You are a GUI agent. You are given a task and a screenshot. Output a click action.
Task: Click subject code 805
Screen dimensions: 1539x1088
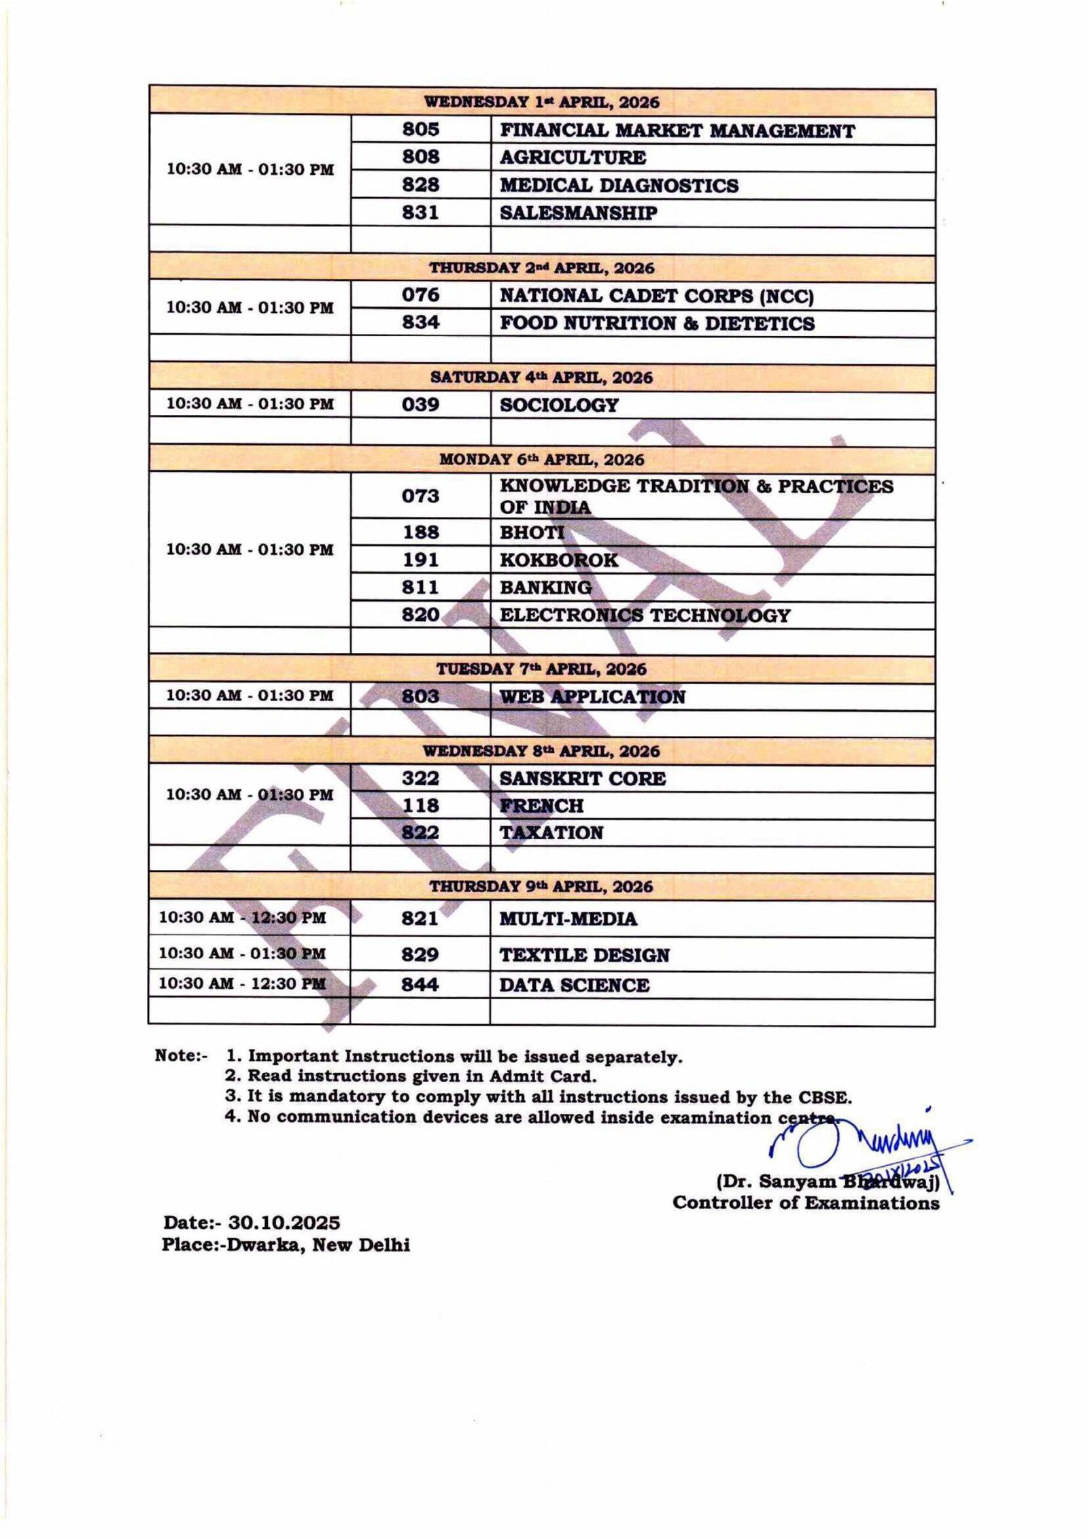pos(420,129)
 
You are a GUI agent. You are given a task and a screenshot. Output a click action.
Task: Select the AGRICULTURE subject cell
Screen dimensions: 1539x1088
pos(573,157)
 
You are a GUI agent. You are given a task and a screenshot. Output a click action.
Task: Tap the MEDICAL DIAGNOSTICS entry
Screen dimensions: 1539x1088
pos(619,185)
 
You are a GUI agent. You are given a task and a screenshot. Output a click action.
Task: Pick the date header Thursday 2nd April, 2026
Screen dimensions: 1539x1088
pos(541,267)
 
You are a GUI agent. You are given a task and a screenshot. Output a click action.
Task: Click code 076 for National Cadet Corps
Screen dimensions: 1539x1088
pos(420,295)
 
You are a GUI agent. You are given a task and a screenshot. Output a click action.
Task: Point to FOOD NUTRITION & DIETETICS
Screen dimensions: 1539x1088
pos(656,323)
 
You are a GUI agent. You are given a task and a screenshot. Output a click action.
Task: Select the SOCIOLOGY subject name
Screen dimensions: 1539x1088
pos(559,405)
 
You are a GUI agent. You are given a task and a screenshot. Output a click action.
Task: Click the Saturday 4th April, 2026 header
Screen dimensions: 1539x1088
pos(541,377)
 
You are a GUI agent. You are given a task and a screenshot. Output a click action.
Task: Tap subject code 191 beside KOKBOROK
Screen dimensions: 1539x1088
pos(420,560)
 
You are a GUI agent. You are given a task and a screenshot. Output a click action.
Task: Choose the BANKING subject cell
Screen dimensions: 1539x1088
pos(545,587)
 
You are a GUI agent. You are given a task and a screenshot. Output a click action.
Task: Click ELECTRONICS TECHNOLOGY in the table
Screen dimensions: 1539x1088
pos(645,615)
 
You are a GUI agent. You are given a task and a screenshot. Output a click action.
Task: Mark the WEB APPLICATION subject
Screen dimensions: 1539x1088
pos(592,696)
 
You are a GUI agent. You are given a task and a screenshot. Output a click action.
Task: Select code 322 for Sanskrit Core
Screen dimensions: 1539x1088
pos(420,778)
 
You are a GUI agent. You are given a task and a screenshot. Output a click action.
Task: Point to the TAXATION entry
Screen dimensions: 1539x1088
pos(551,832)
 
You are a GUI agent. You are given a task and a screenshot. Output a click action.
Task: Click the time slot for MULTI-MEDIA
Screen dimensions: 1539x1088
pos(242,917)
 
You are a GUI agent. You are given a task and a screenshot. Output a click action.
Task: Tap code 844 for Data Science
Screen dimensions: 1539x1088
pos(420,984)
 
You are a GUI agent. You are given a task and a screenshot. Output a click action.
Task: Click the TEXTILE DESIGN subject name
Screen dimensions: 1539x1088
pos(584,955)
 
